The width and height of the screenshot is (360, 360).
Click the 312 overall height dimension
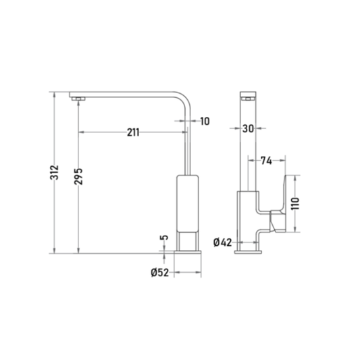pos(55,172)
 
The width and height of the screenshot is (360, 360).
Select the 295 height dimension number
pos(78,176)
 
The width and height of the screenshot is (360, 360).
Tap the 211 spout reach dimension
pos(133,132)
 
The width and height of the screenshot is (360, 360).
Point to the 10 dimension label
pos(205,121)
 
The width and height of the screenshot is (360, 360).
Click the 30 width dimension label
pos(248,128)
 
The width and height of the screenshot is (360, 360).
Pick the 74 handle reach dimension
pos(266,161)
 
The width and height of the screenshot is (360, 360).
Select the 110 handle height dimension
pos(295,203)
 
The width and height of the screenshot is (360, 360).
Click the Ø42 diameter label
pos(223,242)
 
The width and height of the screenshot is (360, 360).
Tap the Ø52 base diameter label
pos(160,273)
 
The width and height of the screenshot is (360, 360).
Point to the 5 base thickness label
pos(164,237)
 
